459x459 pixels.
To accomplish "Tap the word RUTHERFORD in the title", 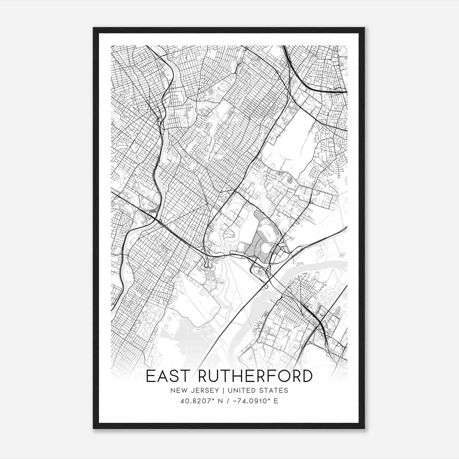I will [x=255, y=376].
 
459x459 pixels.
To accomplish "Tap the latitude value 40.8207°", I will [x=195, y=401].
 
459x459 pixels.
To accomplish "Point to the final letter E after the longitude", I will [x=276, y=401].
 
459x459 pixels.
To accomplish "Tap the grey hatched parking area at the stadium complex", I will [x=257, y=244].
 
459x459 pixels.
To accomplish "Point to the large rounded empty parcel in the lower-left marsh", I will [x=198, y=304].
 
